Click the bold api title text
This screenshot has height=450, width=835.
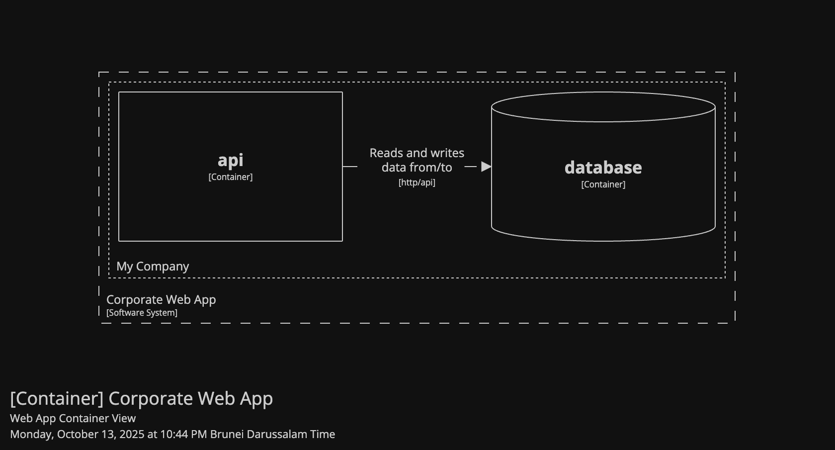tap(231, 160)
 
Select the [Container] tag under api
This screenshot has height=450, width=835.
tap(231, 177)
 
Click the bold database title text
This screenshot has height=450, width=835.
tap(603, 168)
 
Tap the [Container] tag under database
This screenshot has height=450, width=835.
tap(603, 184)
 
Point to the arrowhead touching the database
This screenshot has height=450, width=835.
tap(486, 167)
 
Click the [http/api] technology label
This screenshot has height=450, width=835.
tap(417, 182)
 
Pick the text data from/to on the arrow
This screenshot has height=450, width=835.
tap(417, 168)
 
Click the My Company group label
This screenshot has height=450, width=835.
tap(153, 267)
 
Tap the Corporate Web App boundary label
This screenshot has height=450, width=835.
tap(161, 300)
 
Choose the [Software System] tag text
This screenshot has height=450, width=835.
tap(142, 313)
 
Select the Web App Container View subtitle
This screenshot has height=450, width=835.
tap(73, 419)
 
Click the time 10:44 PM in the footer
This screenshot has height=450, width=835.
tap(183, 434)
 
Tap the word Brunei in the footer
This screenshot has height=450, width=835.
tap(227, 434)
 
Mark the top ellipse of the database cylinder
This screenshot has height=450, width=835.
tap(603, 106)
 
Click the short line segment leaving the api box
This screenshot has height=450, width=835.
tap(350, 167)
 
